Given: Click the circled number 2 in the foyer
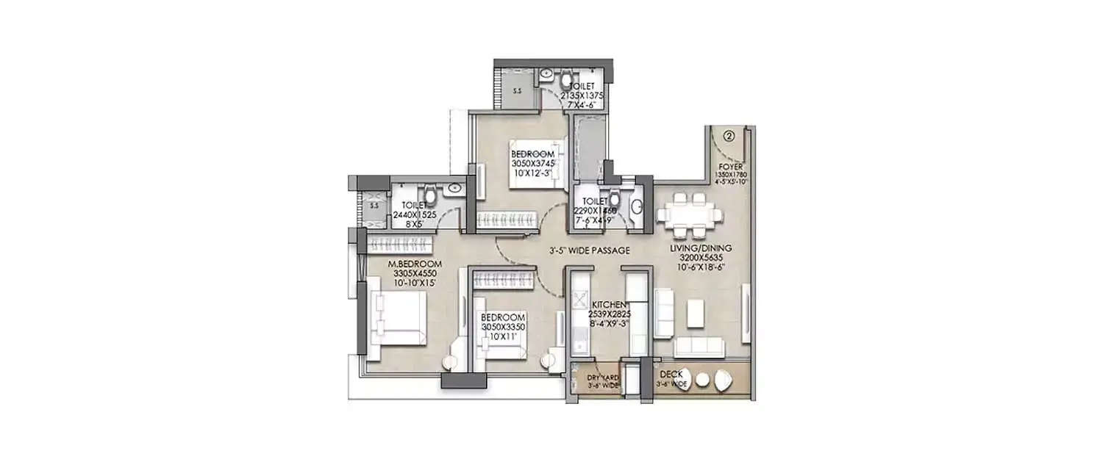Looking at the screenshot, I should [728, 136].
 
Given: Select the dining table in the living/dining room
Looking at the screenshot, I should [689, 214].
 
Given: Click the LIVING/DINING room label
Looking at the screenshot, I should [700, 250].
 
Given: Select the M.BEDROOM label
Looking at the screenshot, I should [415, 264].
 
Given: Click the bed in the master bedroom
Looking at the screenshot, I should [398, 318].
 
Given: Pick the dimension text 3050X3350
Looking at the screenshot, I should [502, 327].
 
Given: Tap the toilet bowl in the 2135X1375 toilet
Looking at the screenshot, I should [567, 79].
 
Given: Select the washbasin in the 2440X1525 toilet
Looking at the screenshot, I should [454, 189].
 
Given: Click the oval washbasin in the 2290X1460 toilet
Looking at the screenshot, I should [637, 208].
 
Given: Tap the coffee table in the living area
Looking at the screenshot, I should [696, 313].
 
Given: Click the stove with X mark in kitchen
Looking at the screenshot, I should [579, 302].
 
